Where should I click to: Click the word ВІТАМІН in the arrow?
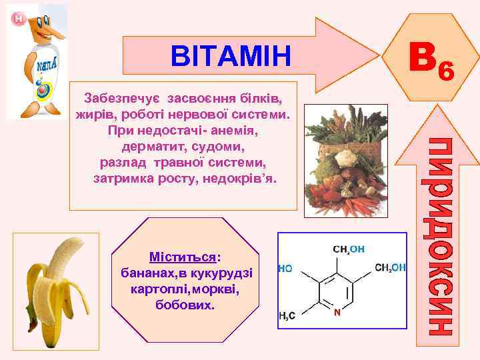(x=231, y=56)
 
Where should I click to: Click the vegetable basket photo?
(x=345, y=161)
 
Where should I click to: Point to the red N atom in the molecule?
(x=337, y=311)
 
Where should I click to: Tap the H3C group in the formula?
(x=287, y=317)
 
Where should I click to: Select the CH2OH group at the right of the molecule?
(x=391, y=268)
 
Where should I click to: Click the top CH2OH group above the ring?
(x=348, y=249)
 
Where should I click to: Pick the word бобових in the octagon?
(x=184, y=305)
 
